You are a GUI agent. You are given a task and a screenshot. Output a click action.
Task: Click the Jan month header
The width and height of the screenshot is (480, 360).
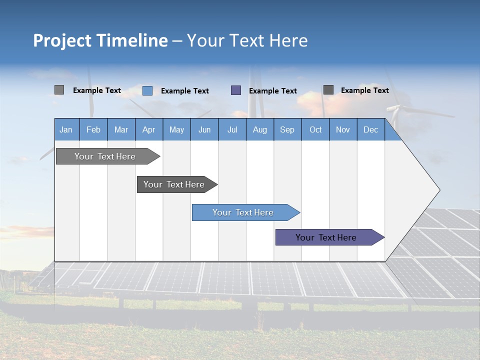[x=66, y=129]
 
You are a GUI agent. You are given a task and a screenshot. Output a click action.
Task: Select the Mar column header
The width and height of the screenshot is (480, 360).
[x=121, y=129]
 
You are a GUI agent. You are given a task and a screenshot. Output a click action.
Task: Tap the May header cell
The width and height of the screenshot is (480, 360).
[x=176, y=129]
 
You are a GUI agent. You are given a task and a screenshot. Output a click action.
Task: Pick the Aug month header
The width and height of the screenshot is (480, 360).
[x=259, y=129]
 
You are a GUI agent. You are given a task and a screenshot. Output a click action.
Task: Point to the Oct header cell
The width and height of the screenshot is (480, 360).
[x=315, y=129]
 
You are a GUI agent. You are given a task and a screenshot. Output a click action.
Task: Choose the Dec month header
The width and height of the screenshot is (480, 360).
[x=370, y=129]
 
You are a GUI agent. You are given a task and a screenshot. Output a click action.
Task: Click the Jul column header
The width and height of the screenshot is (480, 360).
[x=232, y=129]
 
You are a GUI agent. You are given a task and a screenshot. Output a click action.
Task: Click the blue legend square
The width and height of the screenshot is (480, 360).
[x=147, y=90]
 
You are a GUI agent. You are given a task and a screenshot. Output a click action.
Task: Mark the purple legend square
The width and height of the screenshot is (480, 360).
[x=236, y=90]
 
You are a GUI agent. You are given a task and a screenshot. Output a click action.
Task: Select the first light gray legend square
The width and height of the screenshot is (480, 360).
[x=59, y=90]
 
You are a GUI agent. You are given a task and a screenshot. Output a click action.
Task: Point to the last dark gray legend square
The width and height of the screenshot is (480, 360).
[x=328, y=90]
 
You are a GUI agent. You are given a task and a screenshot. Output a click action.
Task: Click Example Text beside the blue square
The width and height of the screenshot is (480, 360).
[x=185, y=91]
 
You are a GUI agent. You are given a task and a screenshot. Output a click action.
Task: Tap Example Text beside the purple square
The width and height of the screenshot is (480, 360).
[x=273, y=91]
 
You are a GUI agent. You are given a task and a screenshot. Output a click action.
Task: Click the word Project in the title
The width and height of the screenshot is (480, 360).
[x=62, y=40]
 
